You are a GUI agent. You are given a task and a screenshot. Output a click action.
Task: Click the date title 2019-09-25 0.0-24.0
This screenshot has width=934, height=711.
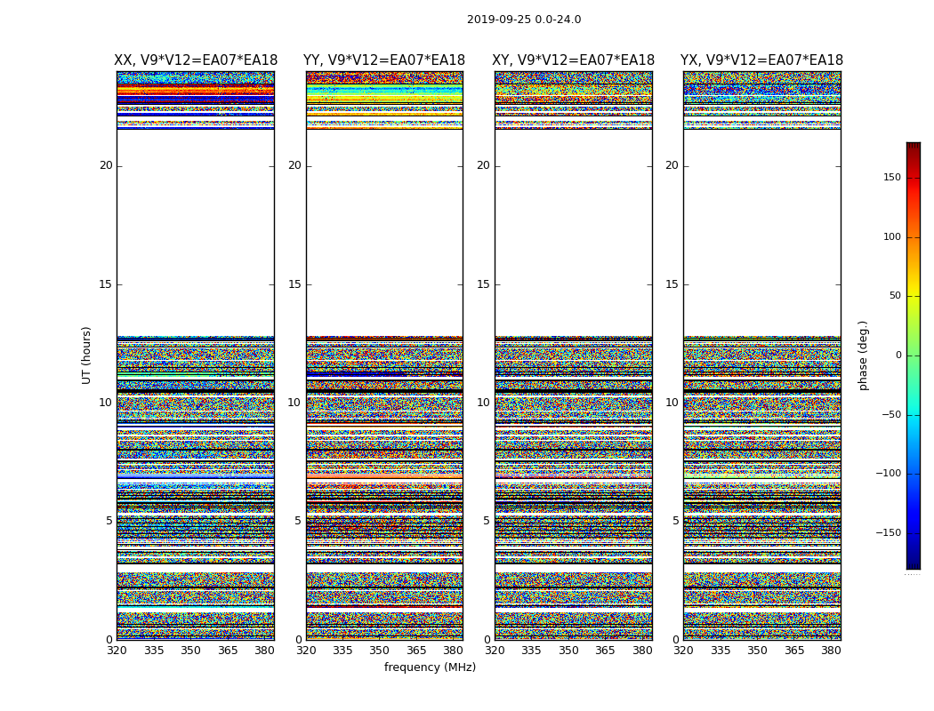[x=524, y=20]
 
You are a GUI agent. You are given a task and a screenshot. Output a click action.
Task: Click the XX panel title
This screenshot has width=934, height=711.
[x=196, y=60]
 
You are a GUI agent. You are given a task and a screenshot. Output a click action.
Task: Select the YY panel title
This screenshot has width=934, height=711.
[x=384, y=60]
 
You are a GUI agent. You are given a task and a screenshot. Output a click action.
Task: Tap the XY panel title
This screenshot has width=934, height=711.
[x=574, y=60]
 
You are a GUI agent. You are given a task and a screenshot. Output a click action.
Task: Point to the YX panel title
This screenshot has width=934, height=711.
[x=761, y=60]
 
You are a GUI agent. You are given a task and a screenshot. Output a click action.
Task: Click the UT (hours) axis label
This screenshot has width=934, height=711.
[x=87, y=355]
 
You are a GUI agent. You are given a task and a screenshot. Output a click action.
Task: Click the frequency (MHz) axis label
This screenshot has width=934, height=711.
[x=430, y=667]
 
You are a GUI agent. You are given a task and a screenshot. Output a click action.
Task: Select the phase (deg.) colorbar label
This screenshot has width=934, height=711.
[x=863, y=355]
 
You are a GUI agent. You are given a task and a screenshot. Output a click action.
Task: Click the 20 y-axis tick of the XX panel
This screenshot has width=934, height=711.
[x=106, y=165]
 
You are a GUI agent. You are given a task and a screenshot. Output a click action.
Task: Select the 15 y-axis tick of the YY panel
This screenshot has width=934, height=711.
[x=294, y=284]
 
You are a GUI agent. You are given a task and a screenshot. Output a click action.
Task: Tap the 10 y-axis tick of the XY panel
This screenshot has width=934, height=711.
[x=483, y=403]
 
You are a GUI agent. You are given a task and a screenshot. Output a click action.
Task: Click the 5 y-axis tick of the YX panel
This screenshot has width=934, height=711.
[x=675, y=521]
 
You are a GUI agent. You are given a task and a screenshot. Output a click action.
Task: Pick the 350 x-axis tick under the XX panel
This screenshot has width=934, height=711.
[x=190, y=651]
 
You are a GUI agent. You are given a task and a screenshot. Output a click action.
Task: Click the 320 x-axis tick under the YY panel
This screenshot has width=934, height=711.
[x=306, y=651]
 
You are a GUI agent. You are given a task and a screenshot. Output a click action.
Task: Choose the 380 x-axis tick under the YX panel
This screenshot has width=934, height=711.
[x=831, y=651]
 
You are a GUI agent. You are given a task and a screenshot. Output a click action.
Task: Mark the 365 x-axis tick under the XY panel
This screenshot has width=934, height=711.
[x=605, y=651]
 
